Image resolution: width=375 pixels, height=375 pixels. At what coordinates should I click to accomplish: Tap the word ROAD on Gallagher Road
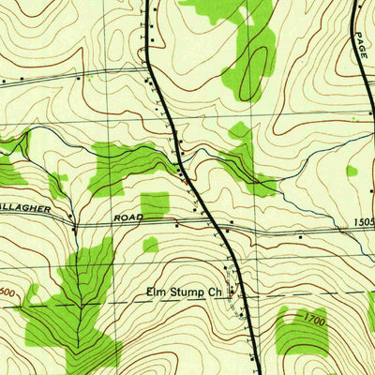(x=127, y=217)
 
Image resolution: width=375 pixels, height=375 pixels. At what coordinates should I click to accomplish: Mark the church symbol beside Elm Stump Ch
(x=232, y=292)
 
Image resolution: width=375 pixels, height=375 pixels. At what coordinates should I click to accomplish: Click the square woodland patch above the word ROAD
(x=155, y=204)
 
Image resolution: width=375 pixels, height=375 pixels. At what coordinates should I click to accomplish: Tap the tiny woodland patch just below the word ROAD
(x=150, y=245)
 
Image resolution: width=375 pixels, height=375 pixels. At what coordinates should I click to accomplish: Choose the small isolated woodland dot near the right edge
(x=352, y=171)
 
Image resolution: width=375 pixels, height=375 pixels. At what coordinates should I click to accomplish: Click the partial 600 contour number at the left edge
(x=7, y=293)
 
